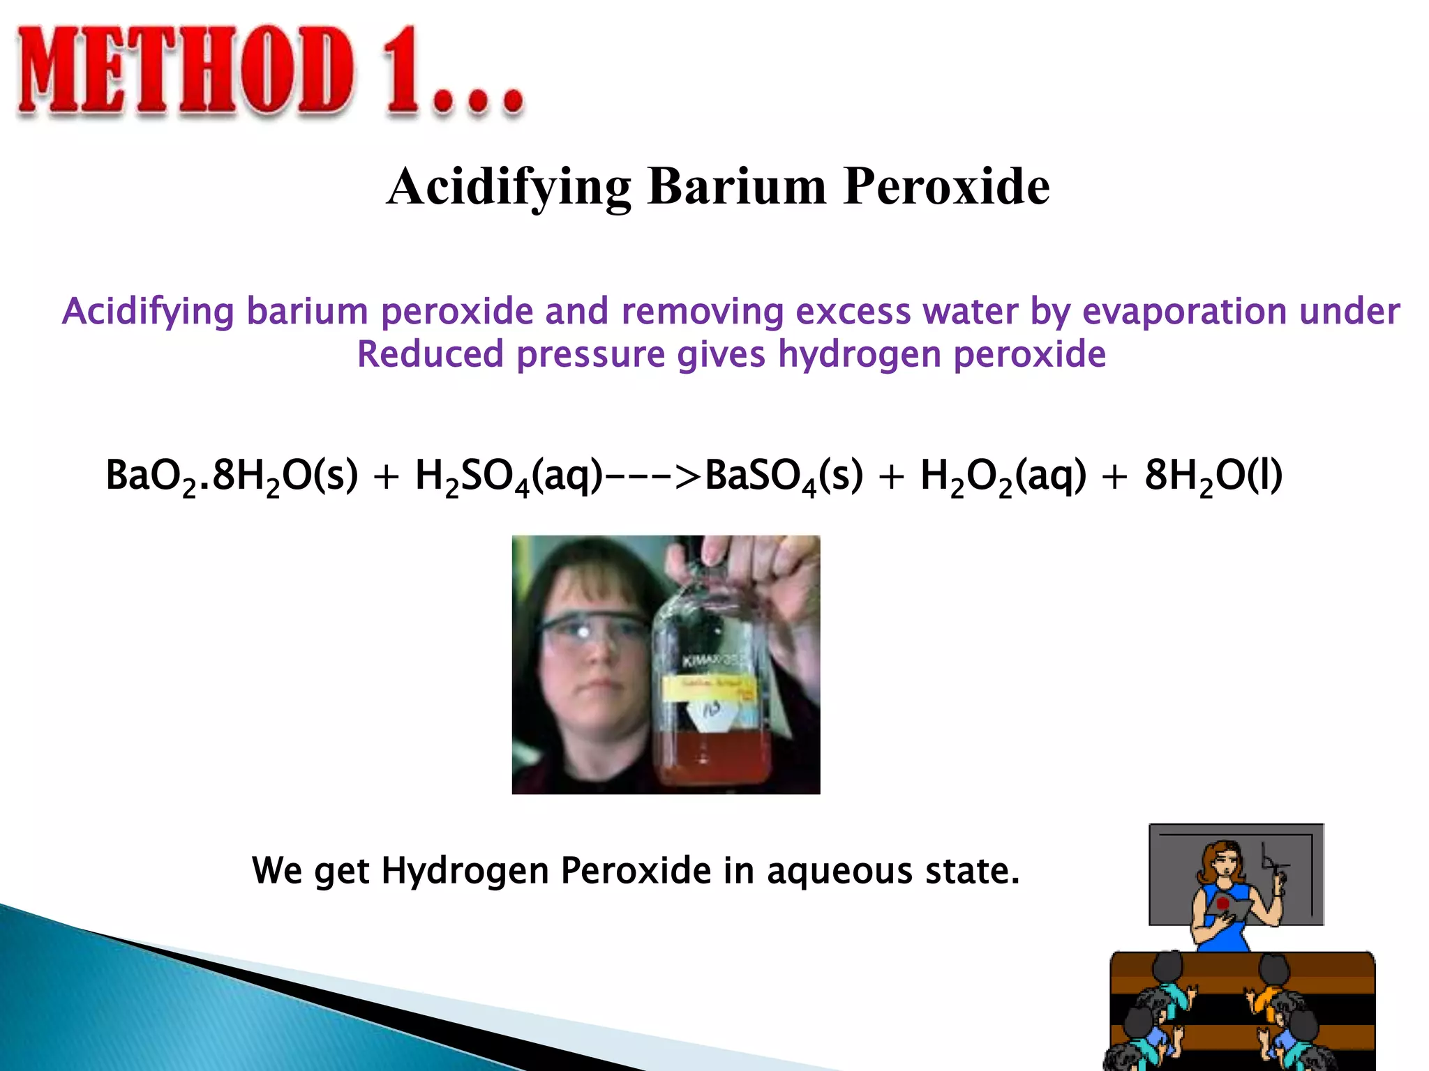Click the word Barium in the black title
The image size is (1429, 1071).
click(x=737, y=187)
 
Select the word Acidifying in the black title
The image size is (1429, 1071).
click(x=509, y=187)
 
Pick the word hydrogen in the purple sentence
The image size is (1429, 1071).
click(x=860, y=354)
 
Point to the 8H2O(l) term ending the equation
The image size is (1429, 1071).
click(x=1213, y=476)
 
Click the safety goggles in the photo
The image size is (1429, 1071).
click(x=593, y=631)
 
